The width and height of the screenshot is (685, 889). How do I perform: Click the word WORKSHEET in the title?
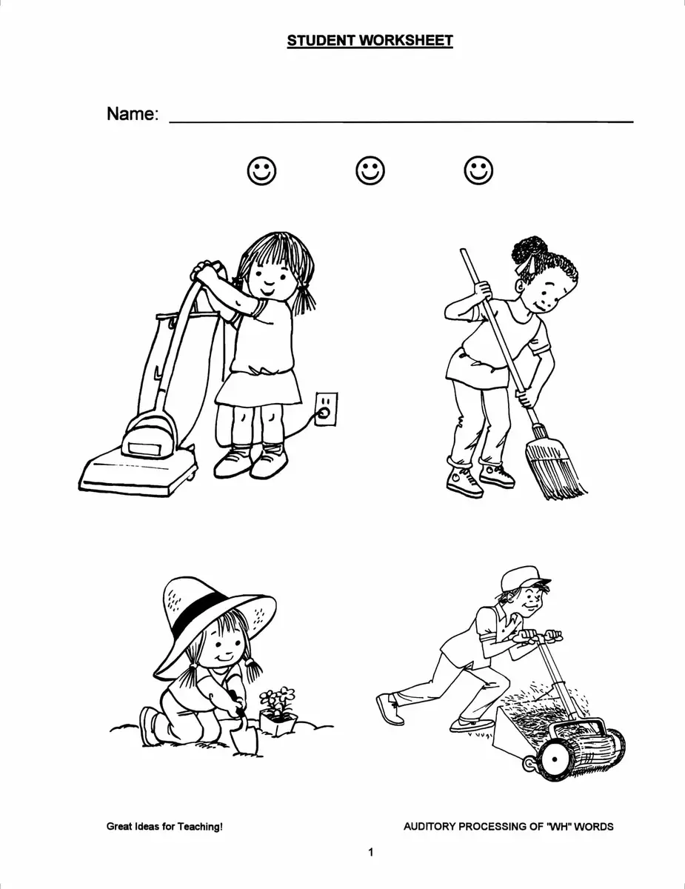[x=406, y=41]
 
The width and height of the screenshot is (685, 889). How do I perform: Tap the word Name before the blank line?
[x=131, y=113]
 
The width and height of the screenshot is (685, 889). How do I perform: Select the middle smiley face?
[x=370, y=170]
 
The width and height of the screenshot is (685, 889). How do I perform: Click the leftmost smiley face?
[x=261, y=170]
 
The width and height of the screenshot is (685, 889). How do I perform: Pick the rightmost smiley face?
[x=478, y=170]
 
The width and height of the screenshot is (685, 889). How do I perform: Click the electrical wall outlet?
[x=327, y=409]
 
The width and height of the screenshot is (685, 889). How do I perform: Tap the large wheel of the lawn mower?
[x=555, y=759]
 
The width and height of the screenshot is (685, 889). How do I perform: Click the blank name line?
[x=401, y=121]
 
